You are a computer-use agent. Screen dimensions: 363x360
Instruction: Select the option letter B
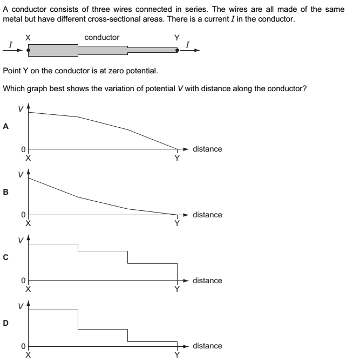click(x=6, y=192)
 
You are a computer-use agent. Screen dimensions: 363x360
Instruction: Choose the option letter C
click(x=6, y=258)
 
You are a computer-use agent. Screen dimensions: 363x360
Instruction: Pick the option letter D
click(x=6, y=324)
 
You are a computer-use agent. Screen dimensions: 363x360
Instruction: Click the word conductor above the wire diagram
click(x=102, y=37)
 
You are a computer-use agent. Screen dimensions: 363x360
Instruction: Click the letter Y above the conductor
click(x=176, y=38)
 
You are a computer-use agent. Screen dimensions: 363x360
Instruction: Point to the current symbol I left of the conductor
click(x=9, y=44)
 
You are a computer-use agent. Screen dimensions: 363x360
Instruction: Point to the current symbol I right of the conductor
click(x=187, y=44)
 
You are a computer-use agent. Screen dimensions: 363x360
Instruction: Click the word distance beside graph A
click(x=207, y=149)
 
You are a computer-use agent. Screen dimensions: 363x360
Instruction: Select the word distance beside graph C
click(x=207, y=280)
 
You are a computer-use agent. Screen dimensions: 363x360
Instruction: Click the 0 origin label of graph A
click(x=23, y=149)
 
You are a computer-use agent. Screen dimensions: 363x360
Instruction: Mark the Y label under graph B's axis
click(x=176, y=224)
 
